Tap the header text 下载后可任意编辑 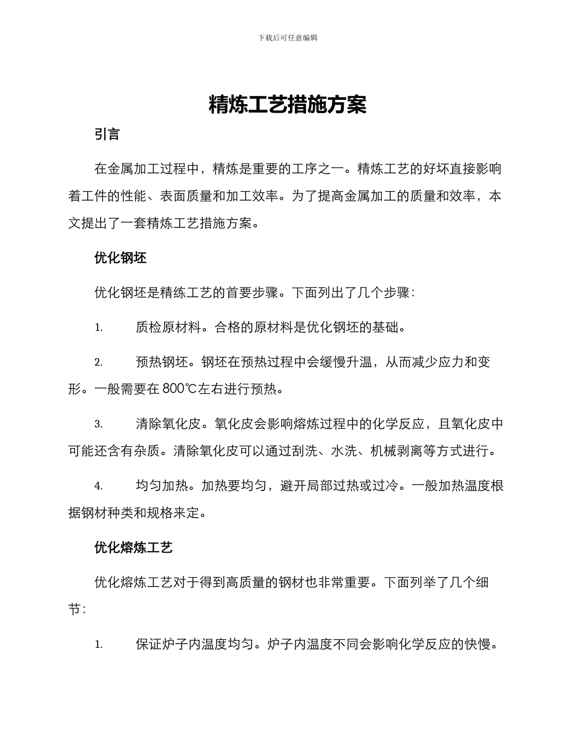(287, 38)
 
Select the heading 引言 (107, 134)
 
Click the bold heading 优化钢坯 (120, 258)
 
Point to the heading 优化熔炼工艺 (134, 548)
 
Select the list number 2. (98, 363)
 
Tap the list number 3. (98, 425)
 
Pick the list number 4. (98, 486)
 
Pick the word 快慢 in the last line (483, 645)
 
